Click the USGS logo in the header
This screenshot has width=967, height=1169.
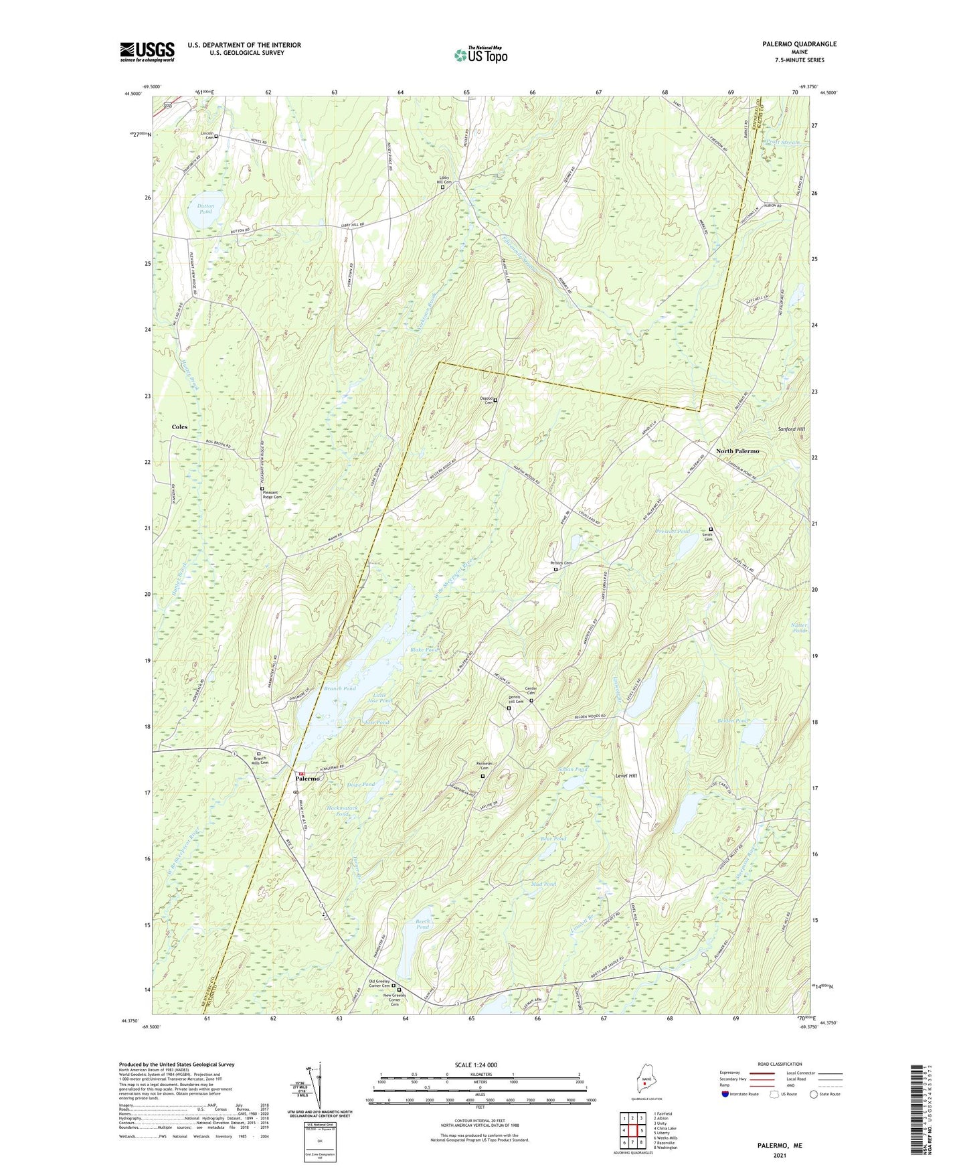click(147, 52)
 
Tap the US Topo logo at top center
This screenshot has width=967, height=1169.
click(480, 55)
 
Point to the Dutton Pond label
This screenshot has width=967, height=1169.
click(205, 209)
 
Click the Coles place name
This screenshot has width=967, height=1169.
click(179, 426)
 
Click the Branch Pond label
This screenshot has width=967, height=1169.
click(340, 688)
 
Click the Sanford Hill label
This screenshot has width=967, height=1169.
click(791, 428)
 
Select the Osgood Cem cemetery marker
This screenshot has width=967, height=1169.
click(495, 400)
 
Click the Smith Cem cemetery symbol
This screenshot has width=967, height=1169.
click(711, 530)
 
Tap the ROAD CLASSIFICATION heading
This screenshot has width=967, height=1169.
click(779, 1064)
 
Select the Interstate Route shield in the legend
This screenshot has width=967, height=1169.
click(725, 1095)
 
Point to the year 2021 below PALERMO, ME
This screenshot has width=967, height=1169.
click(779, 1156)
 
